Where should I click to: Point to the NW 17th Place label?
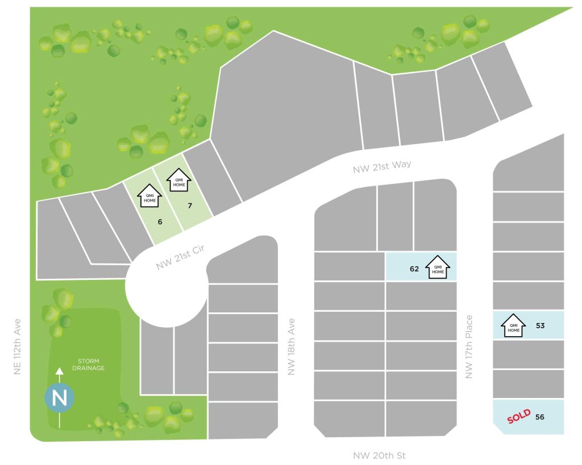pos(469,347)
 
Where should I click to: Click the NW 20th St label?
pos(380,455)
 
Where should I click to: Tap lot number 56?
pos(540,417)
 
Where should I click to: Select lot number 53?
pos(540,326)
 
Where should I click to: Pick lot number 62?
pos(414,269)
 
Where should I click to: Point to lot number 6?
pos(160,221)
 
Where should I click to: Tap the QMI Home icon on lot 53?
pos(513,325)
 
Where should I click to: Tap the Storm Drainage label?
pos(88,364)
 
